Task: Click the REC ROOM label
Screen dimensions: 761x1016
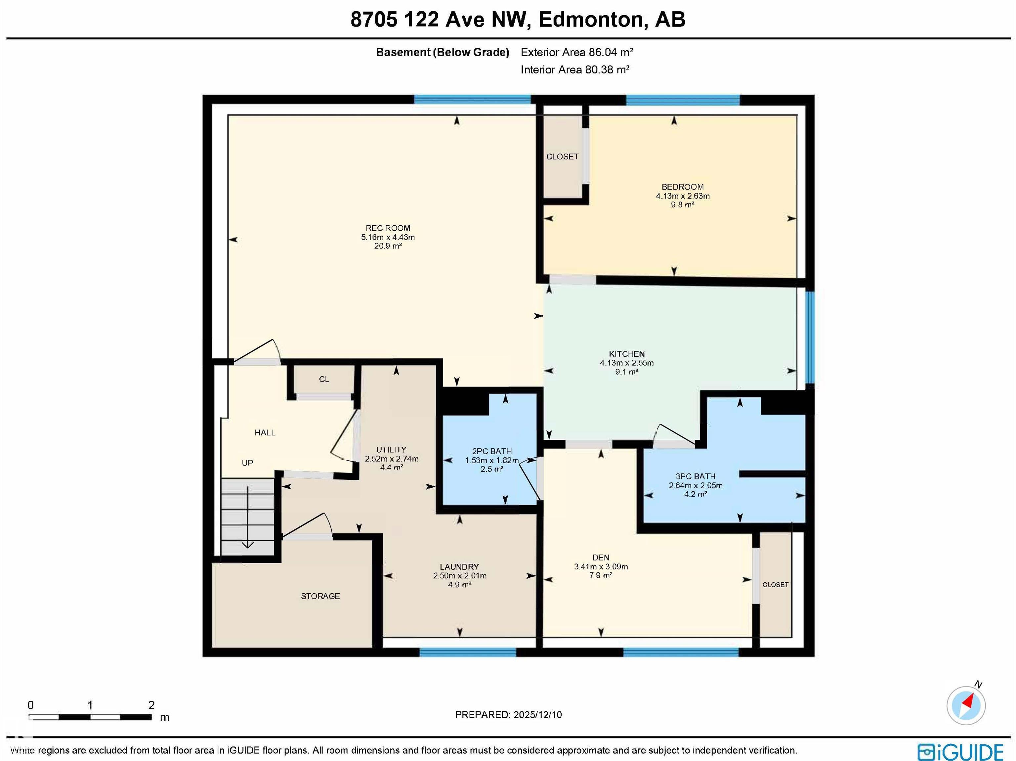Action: (x=388, y=228)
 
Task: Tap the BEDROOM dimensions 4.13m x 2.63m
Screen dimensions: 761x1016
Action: (x=683, y=196)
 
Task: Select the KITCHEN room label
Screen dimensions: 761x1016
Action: (x=626, y=354)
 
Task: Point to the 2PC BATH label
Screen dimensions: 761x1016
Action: (x=491, y=451)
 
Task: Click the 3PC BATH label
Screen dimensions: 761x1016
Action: (x=696, y=476)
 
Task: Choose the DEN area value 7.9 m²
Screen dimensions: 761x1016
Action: (x=601, y=575)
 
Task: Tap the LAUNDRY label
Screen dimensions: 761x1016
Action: (x=459, y=566)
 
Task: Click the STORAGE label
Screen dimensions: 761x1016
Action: (x=320, y=596)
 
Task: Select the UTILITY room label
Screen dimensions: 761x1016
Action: (x=391, y=449)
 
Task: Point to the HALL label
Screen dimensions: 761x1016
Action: (x=265, y=432)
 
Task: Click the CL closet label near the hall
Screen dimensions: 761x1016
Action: (x=324, y=379)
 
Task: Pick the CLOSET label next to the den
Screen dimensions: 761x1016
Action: (x=775, y=585)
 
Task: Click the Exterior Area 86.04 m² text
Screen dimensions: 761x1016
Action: (x=577, y=52)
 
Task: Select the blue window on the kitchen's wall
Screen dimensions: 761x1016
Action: (x=810, y=337)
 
